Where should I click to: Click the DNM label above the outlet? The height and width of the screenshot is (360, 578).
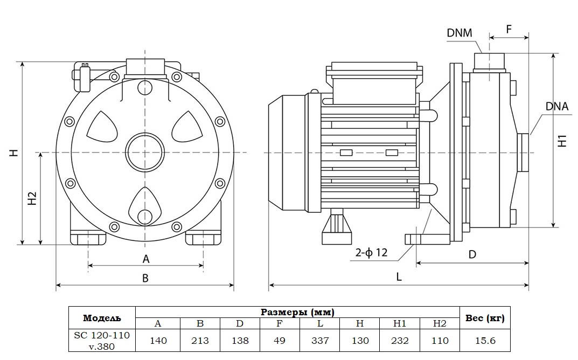[459, 33]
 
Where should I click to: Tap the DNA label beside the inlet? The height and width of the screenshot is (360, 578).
[556, 106]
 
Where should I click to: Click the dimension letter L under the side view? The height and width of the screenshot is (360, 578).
[399, 276]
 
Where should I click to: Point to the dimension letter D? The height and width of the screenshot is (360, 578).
[472, 254]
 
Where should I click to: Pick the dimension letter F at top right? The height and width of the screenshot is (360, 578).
[509, 29]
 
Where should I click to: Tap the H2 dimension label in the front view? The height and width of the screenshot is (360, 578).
[32, 198]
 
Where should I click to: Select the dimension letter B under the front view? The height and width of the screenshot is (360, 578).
[145, 278]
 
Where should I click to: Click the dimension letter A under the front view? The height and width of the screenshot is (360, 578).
[145, 259]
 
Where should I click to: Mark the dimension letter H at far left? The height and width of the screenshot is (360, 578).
[15, 153]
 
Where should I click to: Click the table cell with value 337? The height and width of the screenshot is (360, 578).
[320, 341]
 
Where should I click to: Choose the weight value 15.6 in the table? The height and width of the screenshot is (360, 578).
[484, 341]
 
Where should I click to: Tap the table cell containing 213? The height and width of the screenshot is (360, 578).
[200, 341]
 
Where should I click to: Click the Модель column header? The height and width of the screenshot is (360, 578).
[102, 318]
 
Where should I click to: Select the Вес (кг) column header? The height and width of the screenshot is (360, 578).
[484, 318]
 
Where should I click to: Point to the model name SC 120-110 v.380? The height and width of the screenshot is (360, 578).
[102, 341]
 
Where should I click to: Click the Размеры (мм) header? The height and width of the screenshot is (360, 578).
[297, 312]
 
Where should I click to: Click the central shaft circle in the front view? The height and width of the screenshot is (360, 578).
[144, 153]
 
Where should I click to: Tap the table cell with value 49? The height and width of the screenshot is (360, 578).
[280, 341]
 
